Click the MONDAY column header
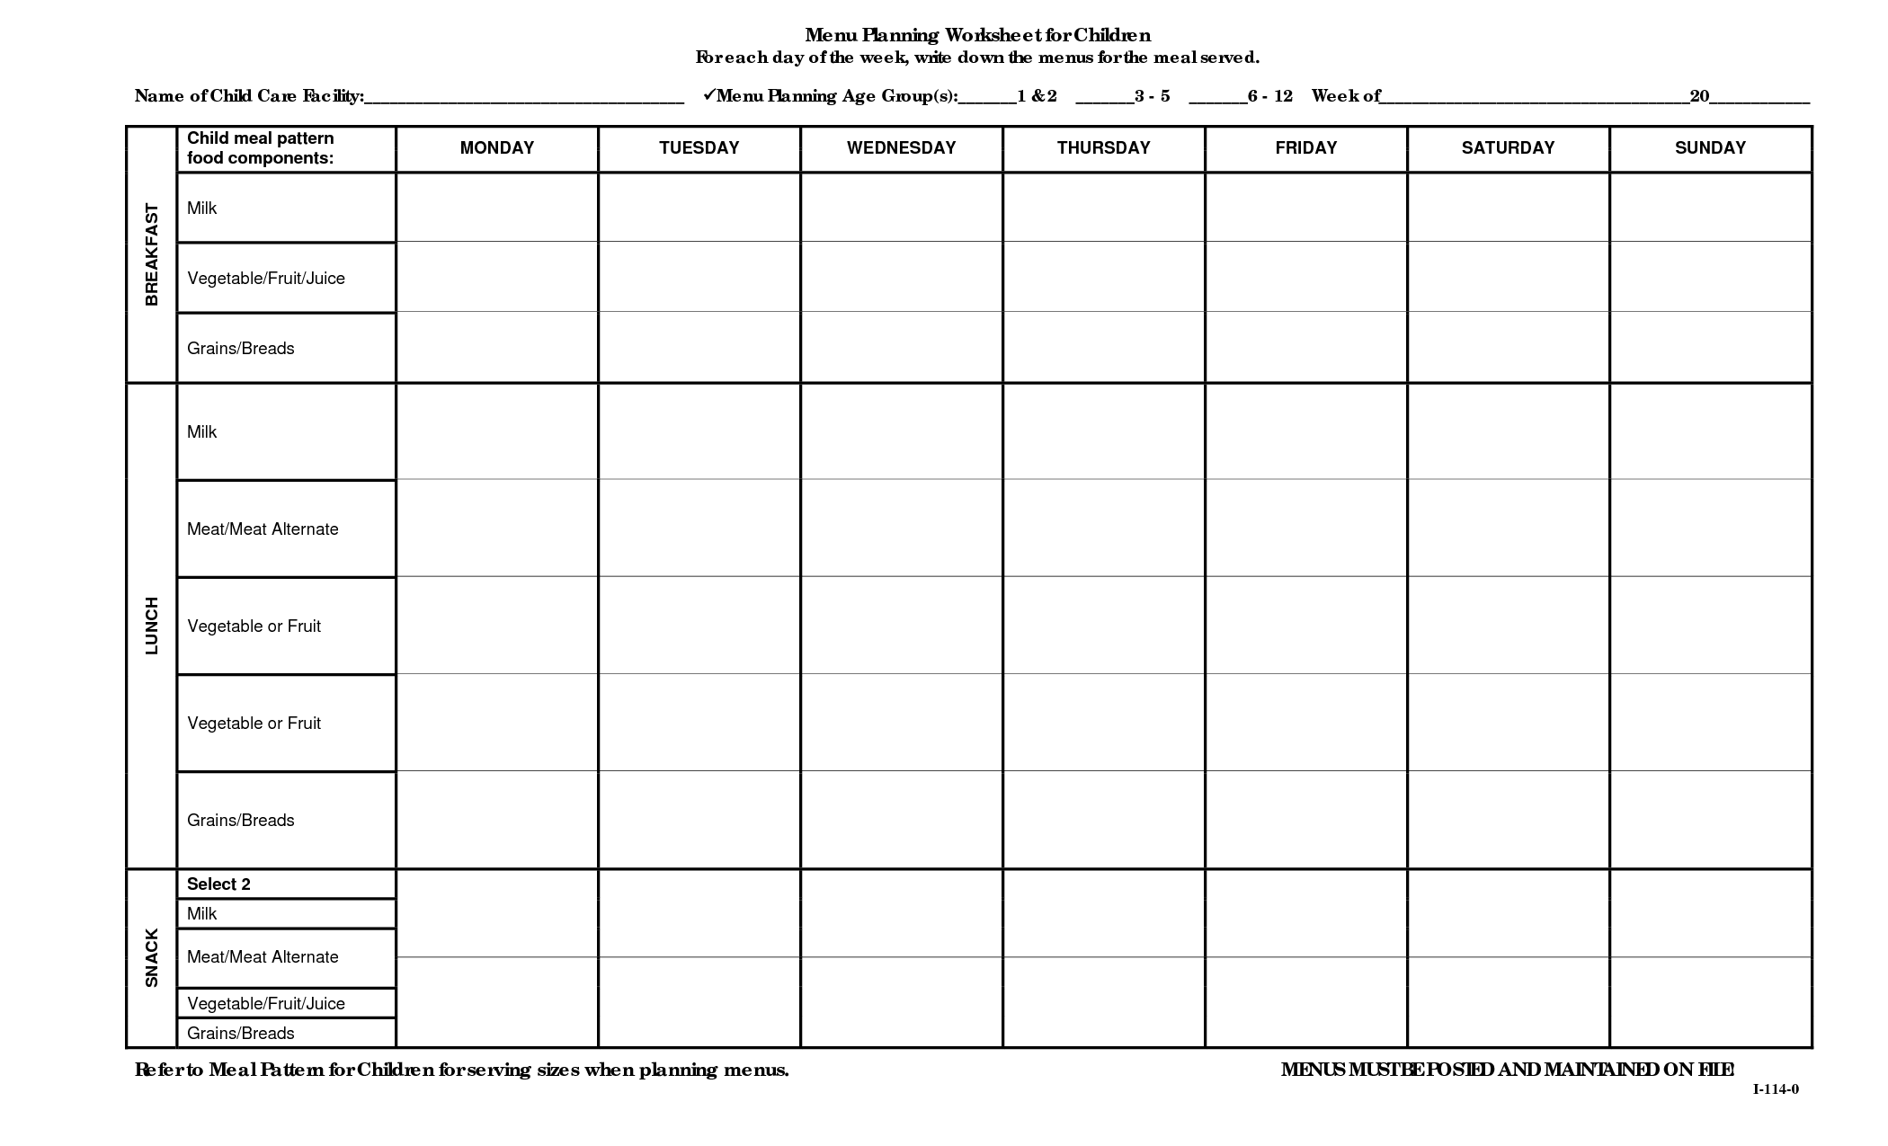click(496, 148)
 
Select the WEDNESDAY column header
click(901, 148)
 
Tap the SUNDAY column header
click(1710, 148)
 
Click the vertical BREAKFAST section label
click(152, 254)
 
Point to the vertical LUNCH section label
click(152, 626)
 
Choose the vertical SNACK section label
click(152, 958)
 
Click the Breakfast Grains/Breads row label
click(241, 349)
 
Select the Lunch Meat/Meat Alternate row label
click(263, 529)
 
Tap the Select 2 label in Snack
click(218, 884)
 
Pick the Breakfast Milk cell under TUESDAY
click(699, 208)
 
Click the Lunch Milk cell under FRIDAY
click(1305, 431)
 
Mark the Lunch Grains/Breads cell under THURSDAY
click(1103, 820)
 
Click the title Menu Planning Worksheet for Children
click(977, 35)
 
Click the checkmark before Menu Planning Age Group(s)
click(708, 94)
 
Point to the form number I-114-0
click(1776, 1089)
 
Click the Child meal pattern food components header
click(261, 148)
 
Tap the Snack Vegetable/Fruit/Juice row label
click(266, 1004)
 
